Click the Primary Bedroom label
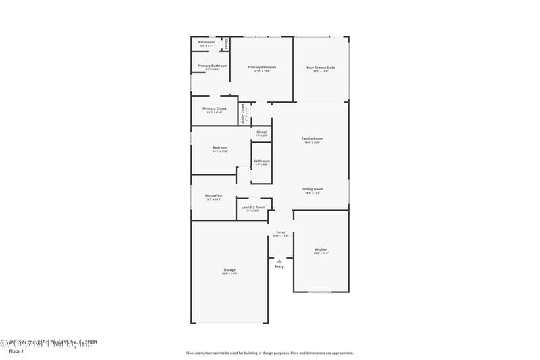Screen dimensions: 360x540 click(x=261, y=67)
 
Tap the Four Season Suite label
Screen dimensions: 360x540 click(x=321, y=68)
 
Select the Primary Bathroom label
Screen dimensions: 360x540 click(x=213, y=66)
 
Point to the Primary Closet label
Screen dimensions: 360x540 click(x=214, y=109)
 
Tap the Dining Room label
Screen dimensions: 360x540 click(x=313, y=189)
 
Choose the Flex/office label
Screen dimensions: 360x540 click(x=213, y=195)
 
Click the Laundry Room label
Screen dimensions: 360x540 click(x=253, y=207)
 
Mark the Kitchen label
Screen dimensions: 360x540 click(x=321, y=249)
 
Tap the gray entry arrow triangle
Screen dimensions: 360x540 click(x=279, y=261)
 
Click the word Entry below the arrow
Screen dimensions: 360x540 click(x=279, y=267)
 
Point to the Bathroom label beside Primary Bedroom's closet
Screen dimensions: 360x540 click(x=206, y=43)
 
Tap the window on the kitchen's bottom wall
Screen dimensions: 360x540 click(x=320, y=292)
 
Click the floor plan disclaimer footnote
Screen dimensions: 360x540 click(x=269, y=353)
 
